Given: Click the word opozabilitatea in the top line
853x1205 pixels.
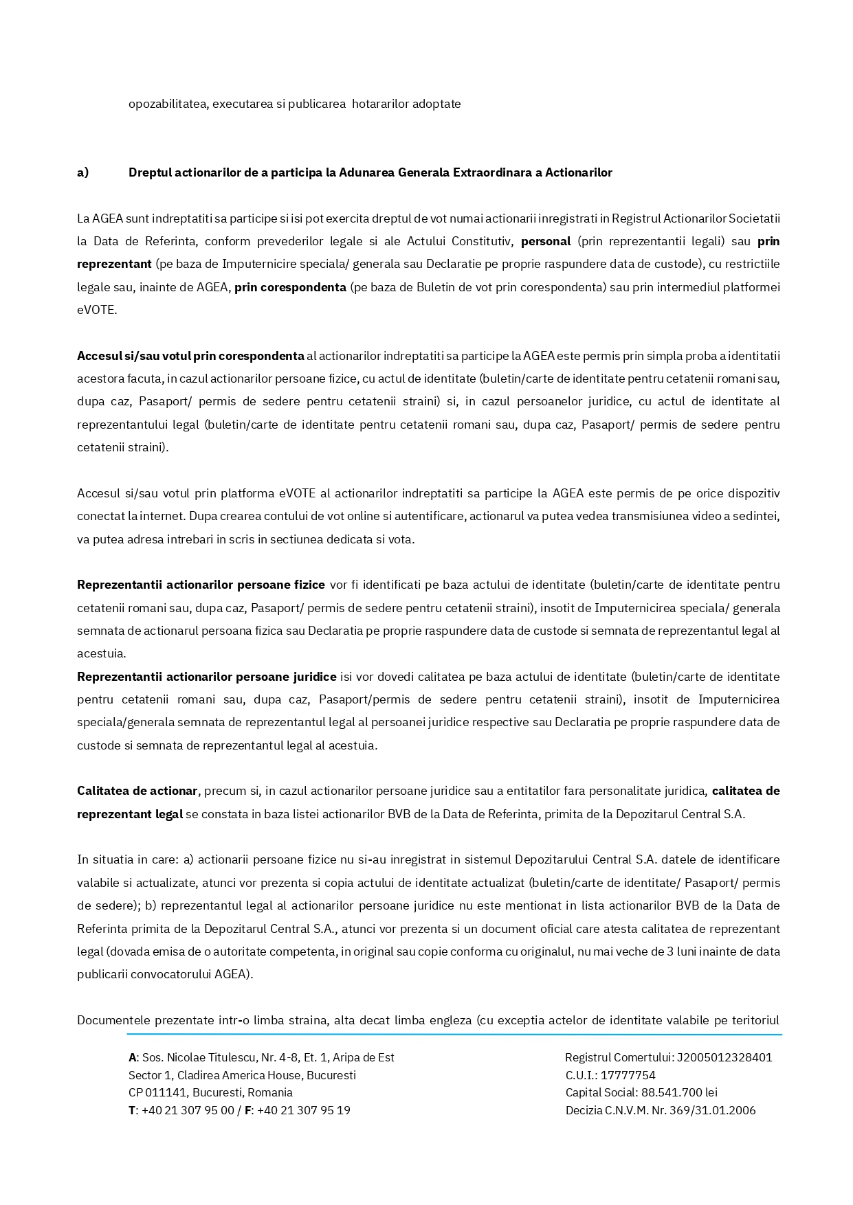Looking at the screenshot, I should click(x=167, y=104).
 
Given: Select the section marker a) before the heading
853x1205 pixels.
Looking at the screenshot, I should click(x=83, y=173).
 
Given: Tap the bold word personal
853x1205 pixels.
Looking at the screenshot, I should click(x=546, y=242).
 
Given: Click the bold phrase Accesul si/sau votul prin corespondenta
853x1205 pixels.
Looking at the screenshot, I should click(x=190, y=357).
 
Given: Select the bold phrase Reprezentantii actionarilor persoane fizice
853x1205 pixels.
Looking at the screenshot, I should click(x=201, y=585).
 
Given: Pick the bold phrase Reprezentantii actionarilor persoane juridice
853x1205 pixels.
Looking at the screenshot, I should click(x=206, y=677).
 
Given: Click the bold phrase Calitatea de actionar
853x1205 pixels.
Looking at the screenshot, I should click(x=137, y=791).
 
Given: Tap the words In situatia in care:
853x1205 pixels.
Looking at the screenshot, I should click(x=126, y=860).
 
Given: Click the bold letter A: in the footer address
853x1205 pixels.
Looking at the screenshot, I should click(x=133, y=1058).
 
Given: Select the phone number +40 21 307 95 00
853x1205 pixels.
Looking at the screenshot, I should click(x=188, y=1111).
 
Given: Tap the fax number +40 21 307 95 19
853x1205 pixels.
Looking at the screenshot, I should click(x=304, y=1111).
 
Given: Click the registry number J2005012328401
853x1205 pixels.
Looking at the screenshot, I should click(x=724, y=1058).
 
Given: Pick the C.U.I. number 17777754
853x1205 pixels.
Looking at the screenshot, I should click(x=628, y=1076).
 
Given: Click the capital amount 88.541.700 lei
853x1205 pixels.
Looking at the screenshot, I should click(x=679, y=1093).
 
